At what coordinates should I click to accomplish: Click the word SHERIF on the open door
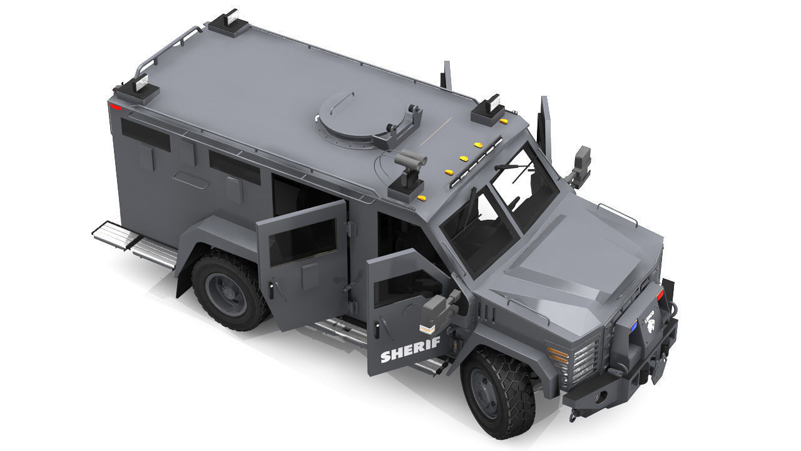[x=410, y=350]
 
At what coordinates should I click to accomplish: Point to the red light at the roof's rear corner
[x=116, y=107]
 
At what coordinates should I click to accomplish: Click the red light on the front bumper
[x=660, y=294]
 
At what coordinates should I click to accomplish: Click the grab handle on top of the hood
[x=617, y=214]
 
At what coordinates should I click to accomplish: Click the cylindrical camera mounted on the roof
[x=410, y=159]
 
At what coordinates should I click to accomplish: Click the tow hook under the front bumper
[x=573, y=413]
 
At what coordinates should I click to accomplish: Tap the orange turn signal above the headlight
[x=558, y=355]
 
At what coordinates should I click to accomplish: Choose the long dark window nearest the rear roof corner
[x=145, y=135]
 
